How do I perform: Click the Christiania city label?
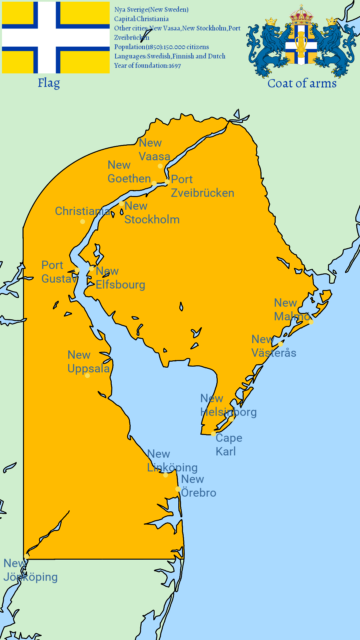click(x=82, y=211)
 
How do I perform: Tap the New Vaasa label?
click(x=154, y=150)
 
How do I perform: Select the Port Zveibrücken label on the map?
click(x=202, y=186)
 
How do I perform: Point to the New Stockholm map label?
click(x=152, y=213)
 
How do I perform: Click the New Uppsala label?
click(x=88, y=362)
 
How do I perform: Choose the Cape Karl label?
click(x=229, y=445)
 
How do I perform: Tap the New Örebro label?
click(x=198, y=486)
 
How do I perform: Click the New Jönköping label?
click(x=30, y=570)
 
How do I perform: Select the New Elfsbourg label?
click(x=120, y=278)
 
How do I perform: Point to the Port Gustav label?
click(x=58, y=272)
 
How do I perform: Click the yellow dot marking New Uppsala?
click(x=87, y=376)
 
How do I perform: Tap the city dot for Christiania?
click(x=83, y=222)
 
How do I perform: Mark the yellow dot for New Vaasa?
click(x=160, y=166)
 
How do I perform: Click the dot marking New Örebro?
click(x=178, y=489)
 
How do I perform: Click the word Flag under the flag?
click(x=49, y=83)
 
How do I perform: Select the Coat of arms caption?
click(x=302, y=83)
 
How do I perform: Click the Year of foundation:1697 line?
click(x=147, y=66)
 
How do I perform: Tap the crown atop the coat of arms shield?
click(x=301, y=15)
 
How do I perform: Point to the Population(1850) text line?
click(x=161, y=47)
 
